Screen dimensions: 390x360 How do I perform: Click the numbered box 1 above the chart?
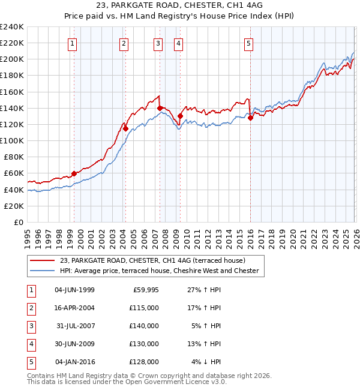[72, 43]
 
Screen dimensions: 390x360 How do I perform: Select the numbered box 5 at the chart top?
[248, 43]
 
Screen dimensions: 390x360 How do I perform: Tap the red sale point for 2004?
[125, 128]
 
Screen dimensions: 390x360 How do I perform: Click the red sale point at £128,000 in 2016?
[250, 118]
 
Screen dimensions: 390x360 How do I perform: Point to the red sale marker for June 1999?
[74, 173]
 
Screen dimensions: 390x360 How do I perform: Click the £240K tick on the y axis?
[12, 27]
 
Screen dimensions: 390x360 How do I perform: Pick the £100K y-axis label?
[12, 140]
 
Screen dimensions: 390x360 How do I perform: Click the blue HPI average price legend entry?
[159, 271]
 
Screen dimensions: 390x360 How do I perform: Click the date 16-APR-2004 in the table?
[74, 307]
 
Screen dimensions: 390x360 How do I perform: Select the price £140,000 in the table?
[144, 326]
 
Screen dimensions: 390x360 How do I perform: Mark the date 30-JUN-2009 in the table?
[74, 344]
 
